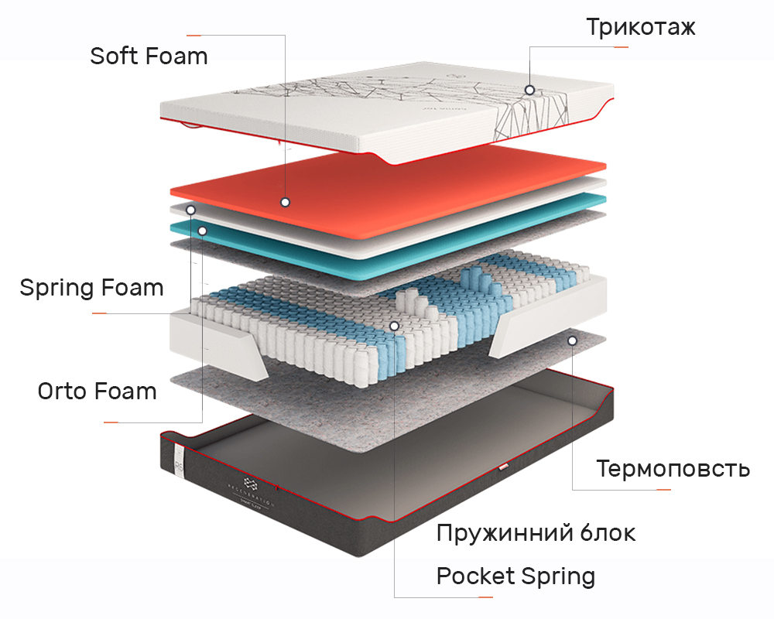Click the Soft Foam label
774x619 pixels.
coord(149,56)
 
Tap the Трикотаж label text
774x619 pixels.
coord(641,26)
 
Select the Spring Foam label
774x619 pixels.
coord(92,287)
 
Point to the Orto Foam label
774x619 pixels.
coord(98,391)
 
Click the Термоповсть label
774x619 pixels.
coord(673,468)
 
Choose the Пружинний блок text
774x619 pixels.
coord(536,532)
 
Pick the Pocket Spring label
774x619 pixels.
coord(515,576)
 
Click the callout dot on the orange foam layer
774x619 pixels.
coord(285,202)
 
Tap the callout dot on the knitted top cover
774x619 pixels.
coord(529,90)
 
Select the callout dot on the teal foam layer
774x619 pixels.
coord(202,231)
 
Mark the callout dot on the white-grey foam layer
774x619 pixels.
coord(190,210)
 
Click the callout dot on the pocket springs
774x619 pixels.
coord(394,326)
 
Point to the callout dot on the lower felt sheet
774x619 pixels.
coord(572,340)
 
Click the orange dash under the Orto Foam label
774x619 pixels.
coord(111,422)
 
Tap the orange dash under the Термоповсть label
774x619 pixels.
coord(663,490)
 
